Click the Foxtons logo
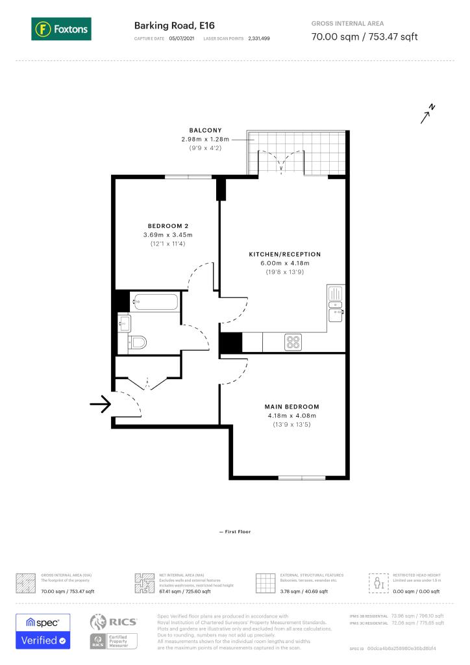[61, 29]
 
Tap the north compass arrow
[427, 114]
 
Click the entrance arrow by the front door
[99, 406]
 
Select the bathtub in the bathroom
[155, 301]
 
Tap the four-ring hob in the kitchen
[293, 341]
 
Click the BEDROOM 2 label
[167, 226]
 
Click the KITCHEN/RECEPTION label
[285, 254]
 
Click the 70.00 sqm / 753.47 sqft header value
[364, 36]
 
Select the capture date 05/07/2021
[181, 39]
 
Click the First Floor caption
[235, 532]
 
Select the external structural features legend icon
[265, 583]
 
